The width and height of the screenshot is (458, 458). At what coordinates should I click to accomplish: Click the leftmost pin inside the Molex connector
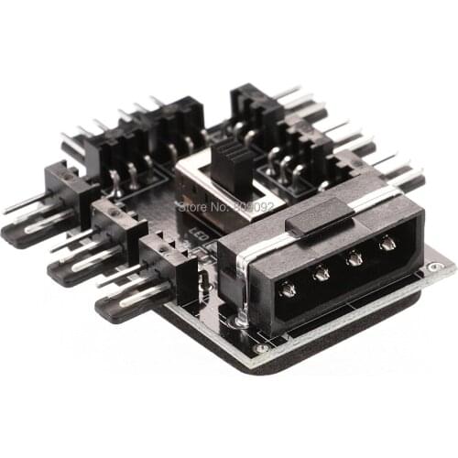[x=287, y=290]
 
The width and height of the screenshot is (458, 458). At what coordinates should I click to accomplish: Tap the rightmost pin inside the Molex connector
[x=387, y=243]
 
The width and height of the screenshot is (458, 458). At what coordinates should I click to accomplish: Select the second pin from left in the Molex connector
[x=322, y=273]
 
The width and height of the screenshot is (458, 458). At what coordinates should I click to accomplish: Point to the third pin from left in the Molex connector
[x=355, y=257]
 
